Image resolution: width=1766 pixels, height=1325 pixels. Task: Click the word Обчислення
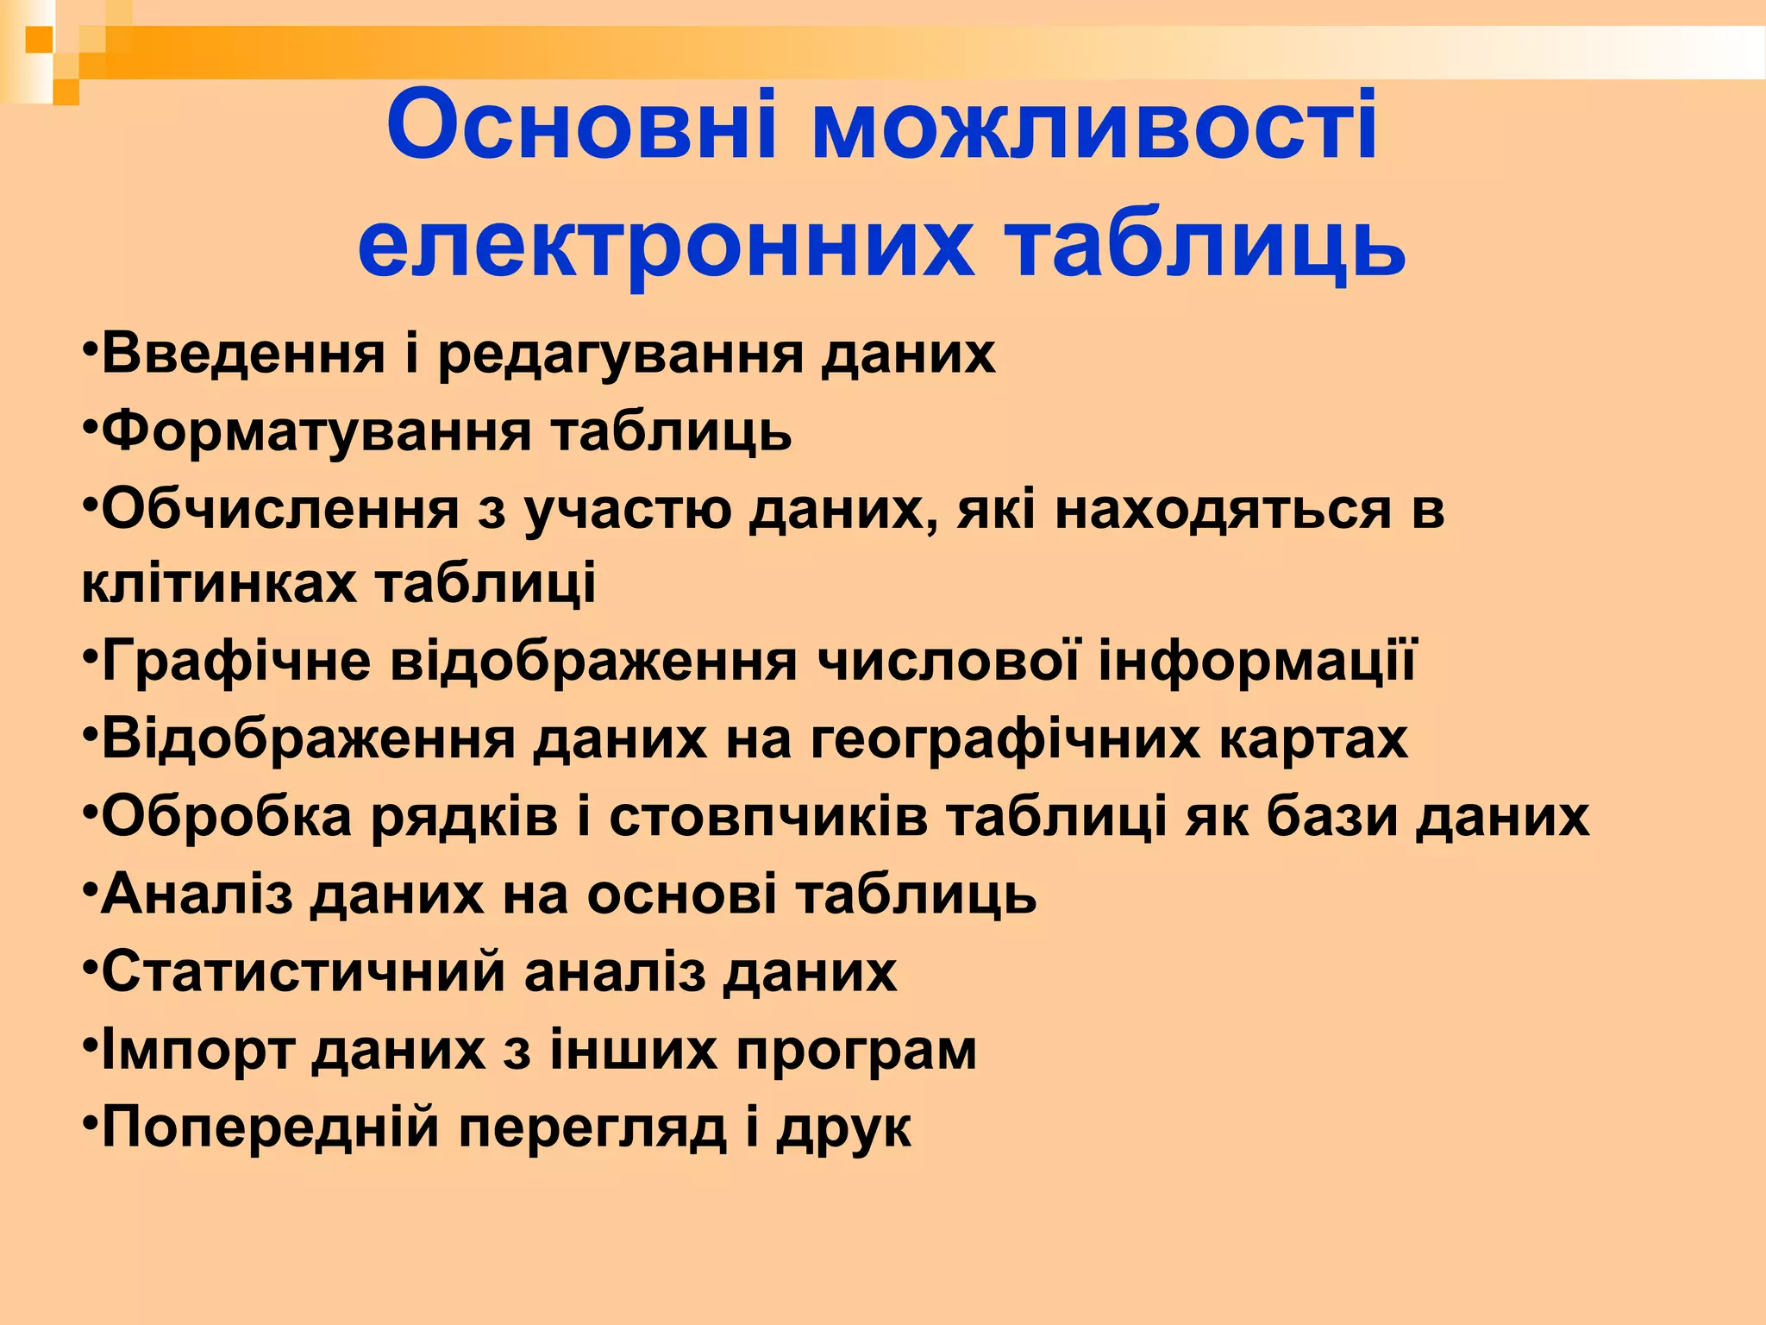click(280, 509)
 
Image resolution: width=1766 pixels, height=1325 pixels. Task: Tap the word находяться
click(1223, 509)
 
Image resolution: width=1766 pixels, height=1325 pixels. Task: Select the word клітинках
click(218, 584)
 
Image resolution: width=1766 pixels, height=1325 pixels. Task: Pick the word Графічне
click(235, 662)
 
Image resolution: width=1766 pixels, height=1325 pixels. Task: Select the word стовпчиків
click(768, 817)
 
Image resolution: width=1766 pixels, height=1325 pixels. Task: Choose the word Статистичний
click(303, 972)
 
